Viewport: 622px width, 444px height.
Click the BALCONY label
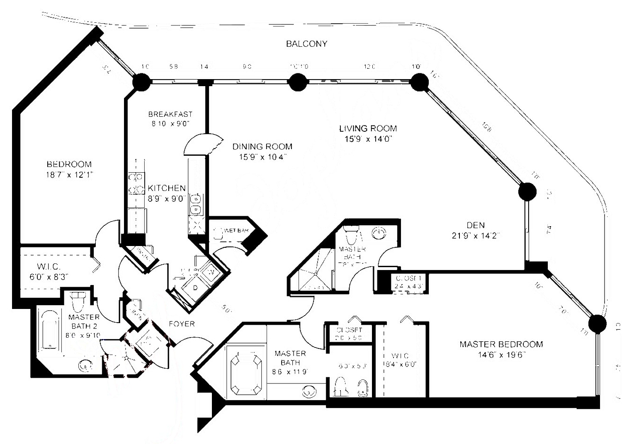click(306, 43)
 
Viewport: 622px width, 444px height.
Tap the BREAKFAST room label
click(170, 114)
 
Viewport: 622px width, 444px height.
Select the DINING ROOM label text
click(262, 146)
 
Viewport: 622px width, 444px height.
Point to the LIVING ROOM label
click(368, 128)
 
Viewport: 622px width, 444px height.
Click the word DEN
click(476, 225)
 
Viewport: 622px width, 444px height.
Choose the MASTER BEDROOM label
click(501, 344)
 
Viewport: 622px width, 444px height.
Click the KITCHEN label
click(167, 188)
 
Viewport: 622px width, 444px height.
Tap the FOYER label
click(182, 324)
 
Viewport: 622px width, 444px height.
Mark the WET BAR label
click(236, 230)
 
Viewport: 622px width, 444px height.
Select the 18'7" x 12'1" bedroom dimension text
click(69, 175)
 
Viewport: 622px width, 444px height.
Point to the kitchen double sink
click(195, 204)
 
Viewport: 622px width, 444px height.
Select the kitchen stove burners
click(136, 183)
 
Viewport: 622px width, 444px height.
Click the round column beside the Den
click(527, 192)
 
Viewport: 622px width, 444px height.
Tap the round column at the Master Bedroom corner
click(597, 323)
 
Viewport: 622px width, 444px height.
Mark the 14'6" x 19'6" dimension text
click(501, 355)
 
